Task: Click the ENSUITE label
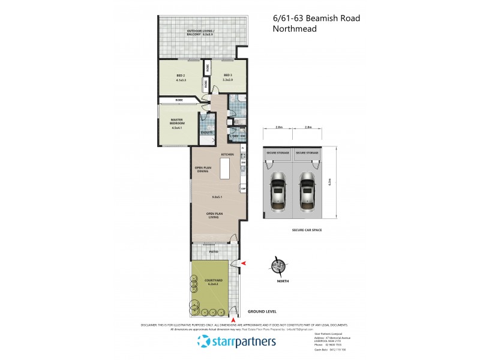coord(207,132)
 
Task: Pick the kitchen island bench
coord(225,170)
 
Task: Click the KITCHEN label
coord(227,155)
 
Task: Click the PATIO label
coord(214,253)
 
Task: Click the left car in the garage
coord(278,191)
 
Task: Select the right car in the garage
coord(307,191)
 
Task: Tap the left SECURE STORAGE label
coord(278,153)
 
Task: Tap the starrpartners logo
coord(236,342)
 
